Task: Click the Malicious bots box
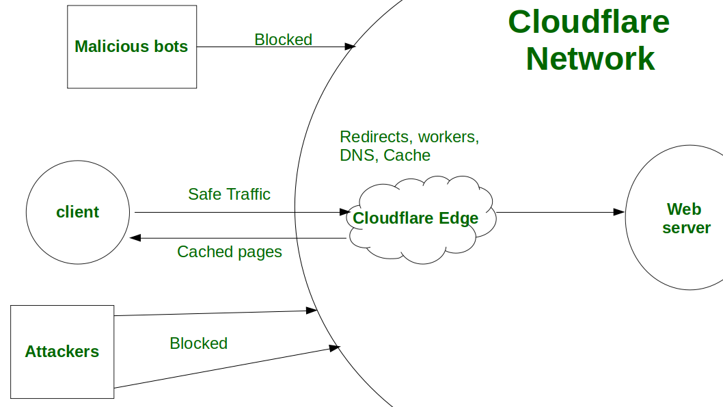131,47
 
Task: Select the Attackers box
62,352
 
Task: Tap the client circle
77,212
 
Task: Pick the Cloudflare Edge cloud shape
416,219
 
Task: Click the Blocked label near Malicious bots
283,40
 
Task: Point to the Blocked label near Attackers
198,343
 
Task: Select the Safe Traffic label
229,194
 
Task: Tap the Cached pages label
229,252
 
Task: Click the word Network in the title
590,58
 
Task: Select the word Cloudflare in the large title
588,22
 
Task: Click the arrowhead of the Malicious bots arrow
351,47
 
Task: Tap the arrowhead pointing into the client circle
135,238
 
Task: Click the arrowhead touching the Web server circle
619,212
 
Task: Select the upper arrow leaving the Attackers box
212,313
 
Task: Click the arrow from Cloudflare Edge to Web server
557,212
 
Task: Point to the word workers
448,137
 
